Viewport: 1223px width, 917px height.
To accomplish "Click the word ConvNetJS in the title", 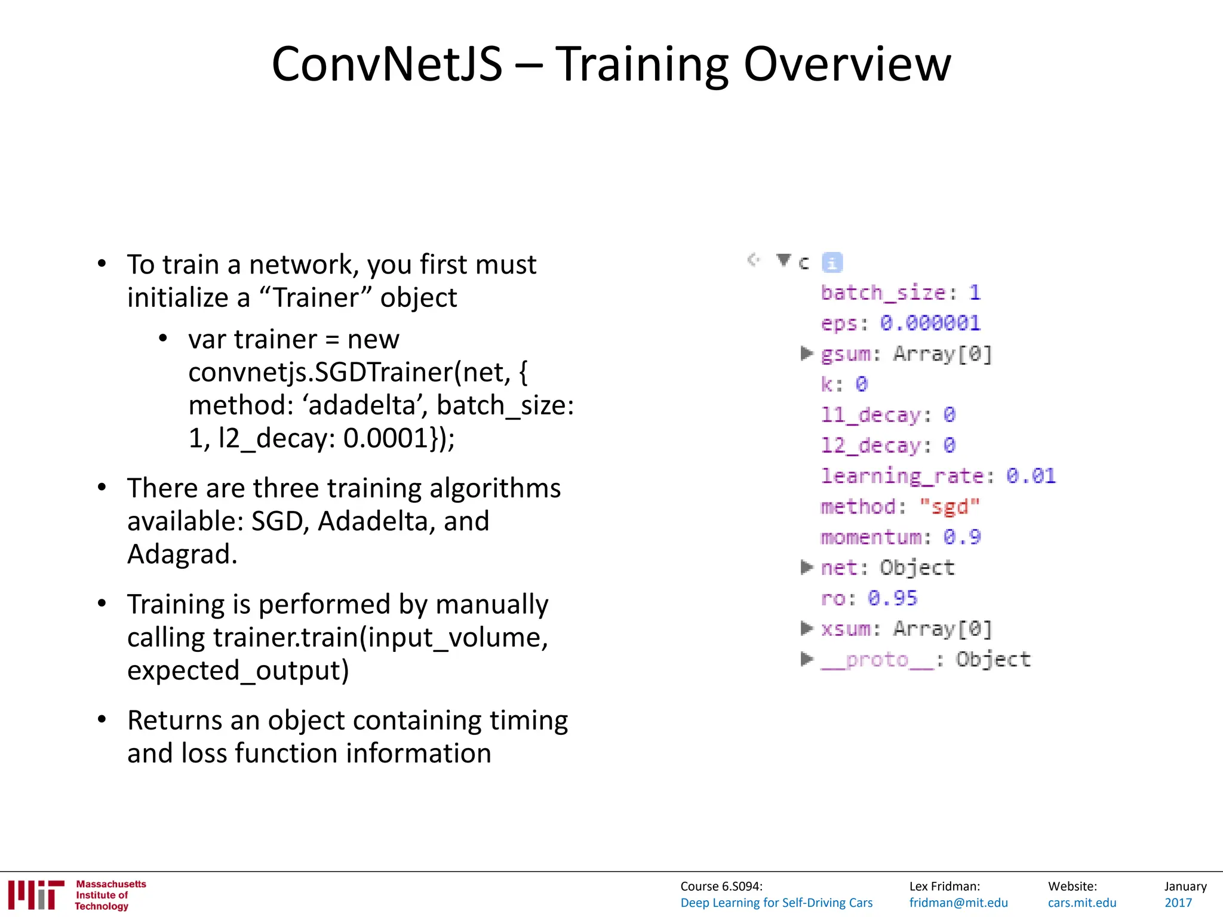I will (x=387, y=64).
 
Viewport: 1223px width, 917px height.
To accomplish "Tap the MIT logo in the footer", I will (x=36, y=894).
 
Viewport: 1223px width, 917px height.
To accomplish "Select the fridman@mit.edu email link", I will (x=958, y=903).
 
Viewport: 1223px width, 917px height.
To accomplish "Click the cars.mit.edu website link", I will (x=1081, y=903).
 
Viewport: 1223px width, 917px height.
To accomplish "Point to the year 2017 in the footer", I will (x=1178, y=903).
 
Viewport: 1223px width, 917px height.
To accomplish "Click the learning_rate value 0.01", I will (x=1031, y=476).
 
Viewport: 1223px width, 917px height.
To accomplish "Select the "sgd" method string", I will (x=949, y=507).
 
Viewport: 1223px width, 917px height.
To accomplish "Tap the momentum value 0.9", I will (x=961, y=537).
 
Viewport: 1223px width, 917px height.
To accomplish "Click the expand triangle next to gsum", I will (x=807, y=353).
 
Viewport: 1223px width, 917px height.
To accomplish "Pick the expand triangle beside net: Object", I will (x=807, y=567).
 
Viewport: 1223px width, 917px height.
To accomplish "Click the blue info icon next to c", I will (x=832, y=263).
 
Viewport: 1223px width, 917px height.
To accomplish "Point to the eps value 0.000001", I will (x=930, y=323).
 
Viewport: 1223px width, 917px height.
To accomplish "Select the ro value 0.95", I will (x=892, y=598).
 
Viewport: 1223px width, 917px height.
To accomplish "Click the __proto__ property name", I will (x=877, y=660).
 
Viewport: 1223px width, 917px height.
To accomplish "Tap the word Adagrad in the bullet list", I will (x=182, y=554).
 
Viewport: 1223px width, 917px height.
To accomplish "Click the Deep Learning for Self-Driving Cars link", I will (x=776, y=903).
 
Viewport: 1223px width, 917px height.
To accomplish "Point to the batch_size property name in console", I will (x=884, y=293).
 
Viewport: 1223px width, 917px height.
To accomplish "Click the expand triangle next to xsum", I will (x=807, y=628).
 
